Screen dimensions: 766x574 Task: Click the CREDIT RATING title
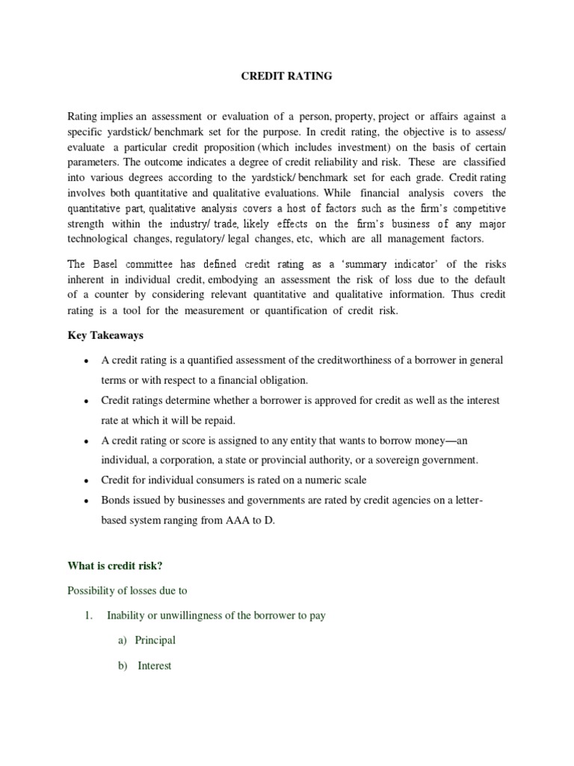(286, 76)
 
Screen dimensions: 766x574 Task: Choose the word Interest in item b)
(155, 665)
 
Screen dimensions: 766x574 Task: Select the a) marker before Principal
(122, 640)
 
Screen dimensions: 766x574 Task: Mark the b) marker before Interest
(123, 665)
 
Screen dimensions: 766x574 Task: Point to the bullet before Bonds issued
(86, 500)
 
